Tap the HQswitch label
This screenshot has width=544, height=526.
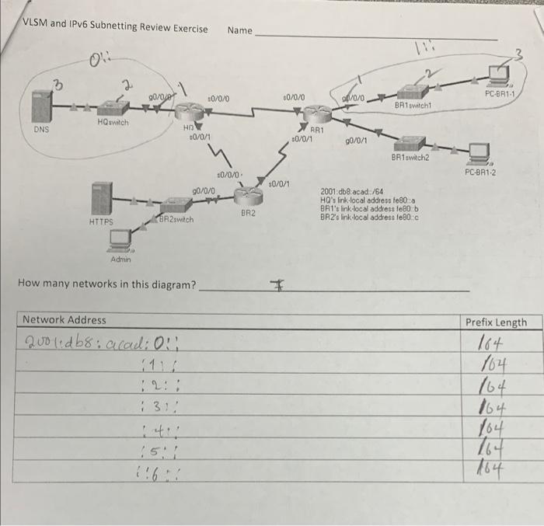point(113,123)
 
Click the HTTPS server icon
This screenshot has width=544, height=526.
point(101,198)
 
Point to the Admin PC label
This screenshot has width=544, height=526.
point(120,259)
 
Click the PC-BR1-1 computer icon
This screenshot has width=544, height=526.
point(498,76)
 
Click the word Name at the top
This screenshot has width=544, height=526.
point(240,30)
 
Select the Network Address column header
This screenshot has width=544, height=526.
point(65,319)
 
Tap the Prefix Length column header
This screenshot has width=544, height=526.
point(495,322)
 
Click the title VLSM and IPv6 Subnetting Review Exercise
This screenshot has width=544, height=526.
point(115,29)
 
